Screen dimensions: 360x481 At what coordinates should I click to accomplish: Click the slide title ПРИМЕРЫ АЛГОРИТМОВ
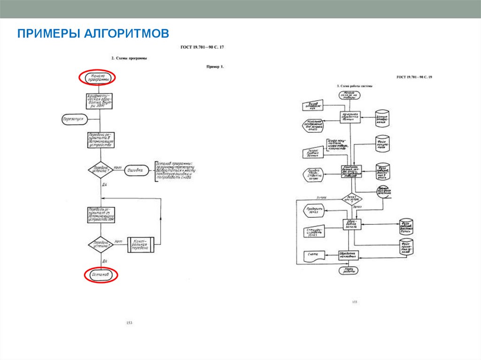coord(93,34)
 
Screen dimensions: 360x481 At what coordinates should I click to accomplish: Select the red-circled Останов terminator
coord(101,275)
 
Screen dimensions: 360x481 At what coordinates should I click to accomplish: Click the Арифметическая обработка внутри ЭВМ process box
coord(101,100)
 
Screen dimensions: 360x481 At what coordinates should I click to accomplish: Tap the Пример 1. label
coord(215,67)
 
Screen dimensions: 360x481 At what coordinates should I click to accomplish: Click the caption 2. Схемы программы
coord(129,58)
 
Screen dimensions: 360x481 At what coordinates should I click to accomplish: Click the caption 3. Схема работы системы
coord(355,86)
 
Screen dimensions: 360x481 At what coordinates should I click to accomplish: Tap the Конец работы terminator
coord(349,270)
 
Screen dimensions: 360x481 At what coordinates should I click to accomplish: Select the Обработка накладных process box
coord(349,255)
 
